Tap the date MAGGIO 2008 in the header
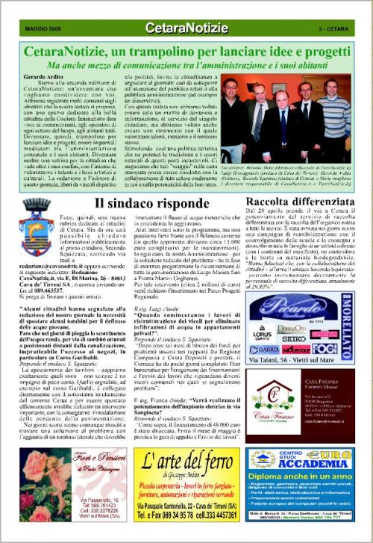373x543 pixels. [x=40, y=29]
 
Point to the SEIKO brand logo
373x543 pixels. [x=295, y=338]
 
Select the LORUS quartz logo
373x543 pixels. [x=262, y=335]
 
